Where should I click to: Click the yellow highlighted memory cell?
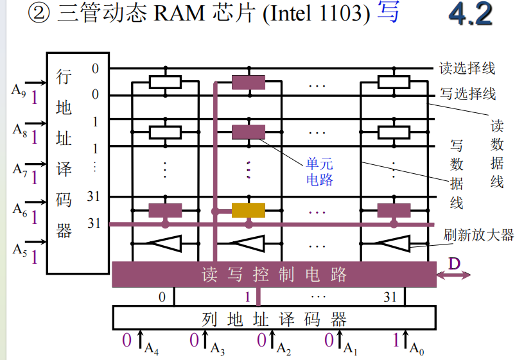click(x=248, y=210)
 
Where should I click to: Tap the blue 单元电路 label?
click(x=320, y=171)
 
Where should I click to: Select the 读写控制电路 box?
click(x=274, y=275)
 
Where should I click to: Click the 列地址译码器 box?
click(x=274, y=318)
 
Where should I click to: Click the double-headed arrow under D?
click(x=453, y=275)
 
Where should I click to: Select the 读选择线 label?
click(x=467, y=67)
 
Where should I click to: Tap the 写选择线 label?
click(x=467, y=94)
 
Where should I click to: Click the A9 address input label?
click(x=19, y=90)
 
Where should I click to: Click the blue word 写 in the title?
click(x=388, y=13)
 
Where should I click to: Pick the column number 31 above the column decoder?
click(x=390, y=297)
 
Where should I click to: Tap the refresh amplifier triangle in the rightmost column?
click(x=393, y=243)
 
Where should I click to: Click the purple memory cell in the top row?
click(x=248, y=82)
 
